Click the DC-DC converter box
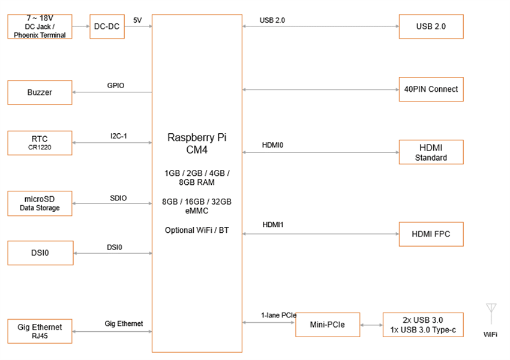click(108, 26)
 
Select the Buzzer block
click(40, 92)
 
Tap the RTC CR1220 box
click(40, 143)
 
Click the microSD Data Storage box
click(40, 203)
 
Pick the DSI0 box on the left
click(40, 253)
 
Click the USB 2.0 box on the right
click(431, 26)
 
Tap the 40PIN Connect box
click(431, 89)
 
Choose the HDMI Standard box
click(431, 152)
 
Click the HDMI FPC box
click(431, 234)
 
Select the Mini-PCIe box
click(328, 325)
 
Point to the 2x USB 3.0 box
click(423, 325)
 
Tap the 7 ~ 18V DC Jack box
click(40, 26)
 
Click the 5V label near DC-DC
click(137, 20)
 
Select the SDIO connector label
click(118, 198)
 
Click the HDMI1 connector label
click(272, 224)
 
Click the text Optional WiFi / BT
click(197, 230)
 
